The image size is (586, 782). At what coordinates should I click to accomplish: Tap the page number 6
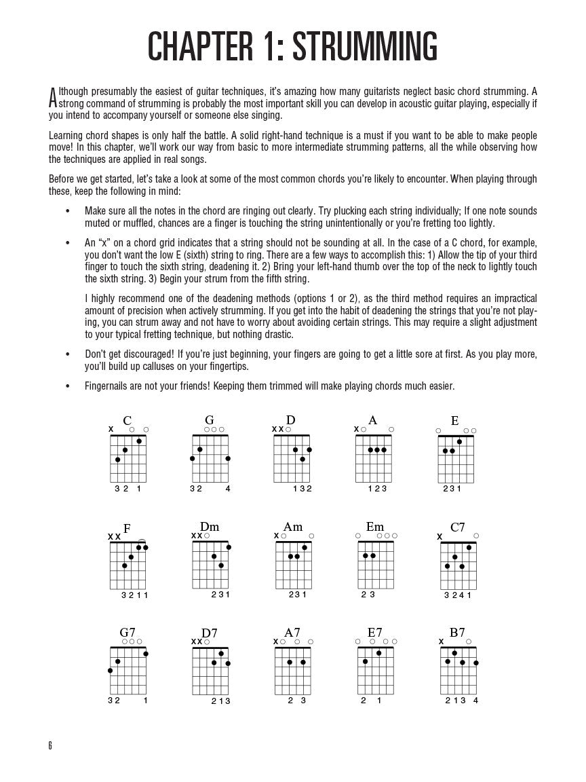(50, 745)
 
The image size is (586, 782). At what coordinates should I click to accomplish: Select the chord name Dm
(210, 527)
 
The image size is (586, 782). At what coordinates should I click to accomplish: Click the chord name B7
(457, 633)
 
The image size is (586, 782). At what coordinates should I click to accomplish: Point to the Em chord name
(375, 527)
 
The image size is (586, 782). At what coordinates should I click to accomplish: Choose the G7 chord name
(128, 633)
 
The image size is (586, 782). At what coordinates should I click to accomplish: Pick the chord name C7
(458, 527)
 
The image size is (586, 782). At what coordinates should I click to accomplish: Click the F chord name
(127, 528)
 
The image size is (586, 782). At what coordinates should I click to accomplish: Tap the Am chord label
(293, 527)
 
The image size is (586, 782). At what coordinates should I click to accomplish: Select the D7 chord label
(210, 633)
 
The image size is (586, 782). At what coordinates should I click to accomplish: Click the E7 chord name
(375, 633)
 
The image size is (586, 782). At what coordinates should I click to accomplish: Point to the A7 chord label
(292, 633)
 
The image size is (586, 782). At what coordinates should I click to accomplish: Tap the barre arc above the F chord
(142, 541)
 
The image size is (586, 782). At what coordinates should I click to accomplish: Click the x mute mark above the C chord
(111, 429)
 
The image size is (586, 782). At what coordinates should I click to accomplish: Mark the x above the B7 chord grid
(441, 641)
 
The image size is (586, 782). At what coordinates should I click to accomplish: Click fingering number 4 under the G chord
(228, 488)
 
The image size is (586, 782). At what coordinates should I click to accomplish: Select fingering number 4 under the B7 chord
(475, 700)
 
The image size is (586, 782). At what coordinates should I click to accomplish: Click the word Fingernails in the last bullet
(106, 386)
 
